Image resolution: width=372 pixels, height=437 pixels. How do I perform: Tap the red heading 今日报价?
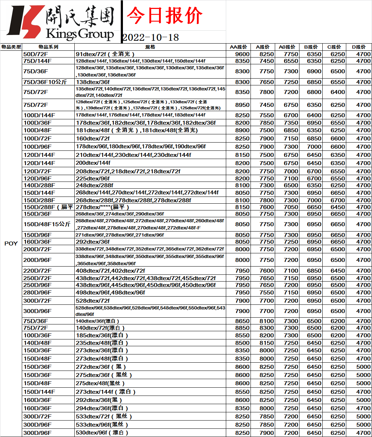pos(164,16)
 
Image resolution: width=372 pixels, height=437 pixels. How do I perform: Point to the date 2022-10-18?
pos(150,38)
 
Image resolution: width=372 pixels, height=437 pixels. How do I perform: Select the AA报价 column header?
pos(238,47)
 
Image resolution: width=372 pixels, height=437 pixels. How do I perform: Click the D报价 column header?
pos(359,47)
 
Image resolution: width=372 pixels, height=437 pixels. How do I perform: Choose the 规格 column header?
pos(150,47)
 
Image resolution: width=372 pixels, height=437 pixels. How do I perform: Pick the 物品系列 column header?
pos(48,47)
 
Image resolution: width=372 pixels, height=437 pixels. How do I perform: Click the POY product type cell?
pos(11,243)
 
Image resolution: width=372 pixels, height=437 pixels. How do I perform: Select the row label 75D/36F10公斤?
pos(45,82)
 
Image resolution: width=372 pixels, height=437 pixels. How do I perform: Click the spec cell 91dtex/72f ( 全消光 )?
pos(105,54)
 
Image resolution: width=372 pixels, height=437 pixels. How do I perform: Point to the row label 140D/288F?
pos(39,185)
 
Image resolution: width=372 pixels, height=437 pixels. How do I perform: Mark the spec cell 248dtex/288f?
pos(94,185)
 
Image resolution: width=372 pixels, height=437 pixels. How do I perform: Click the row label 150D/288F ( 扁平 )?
pos(48,207)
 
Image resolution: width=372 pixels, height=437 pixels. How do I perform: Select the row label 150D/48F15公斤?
pos(47,224)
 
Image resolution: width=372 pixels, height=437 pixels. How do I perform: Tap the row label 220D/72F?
pos(37,270)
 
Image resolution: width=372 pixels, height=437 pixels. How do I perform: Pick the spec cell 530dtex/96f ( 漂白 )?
pos(102,433)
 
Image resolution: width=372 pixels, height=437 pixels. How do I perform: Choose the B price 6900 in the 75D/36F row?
pos(314,71)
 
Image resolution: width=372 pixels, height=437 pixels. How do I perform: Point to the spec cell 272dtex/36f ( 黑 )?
pos(101,367)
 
